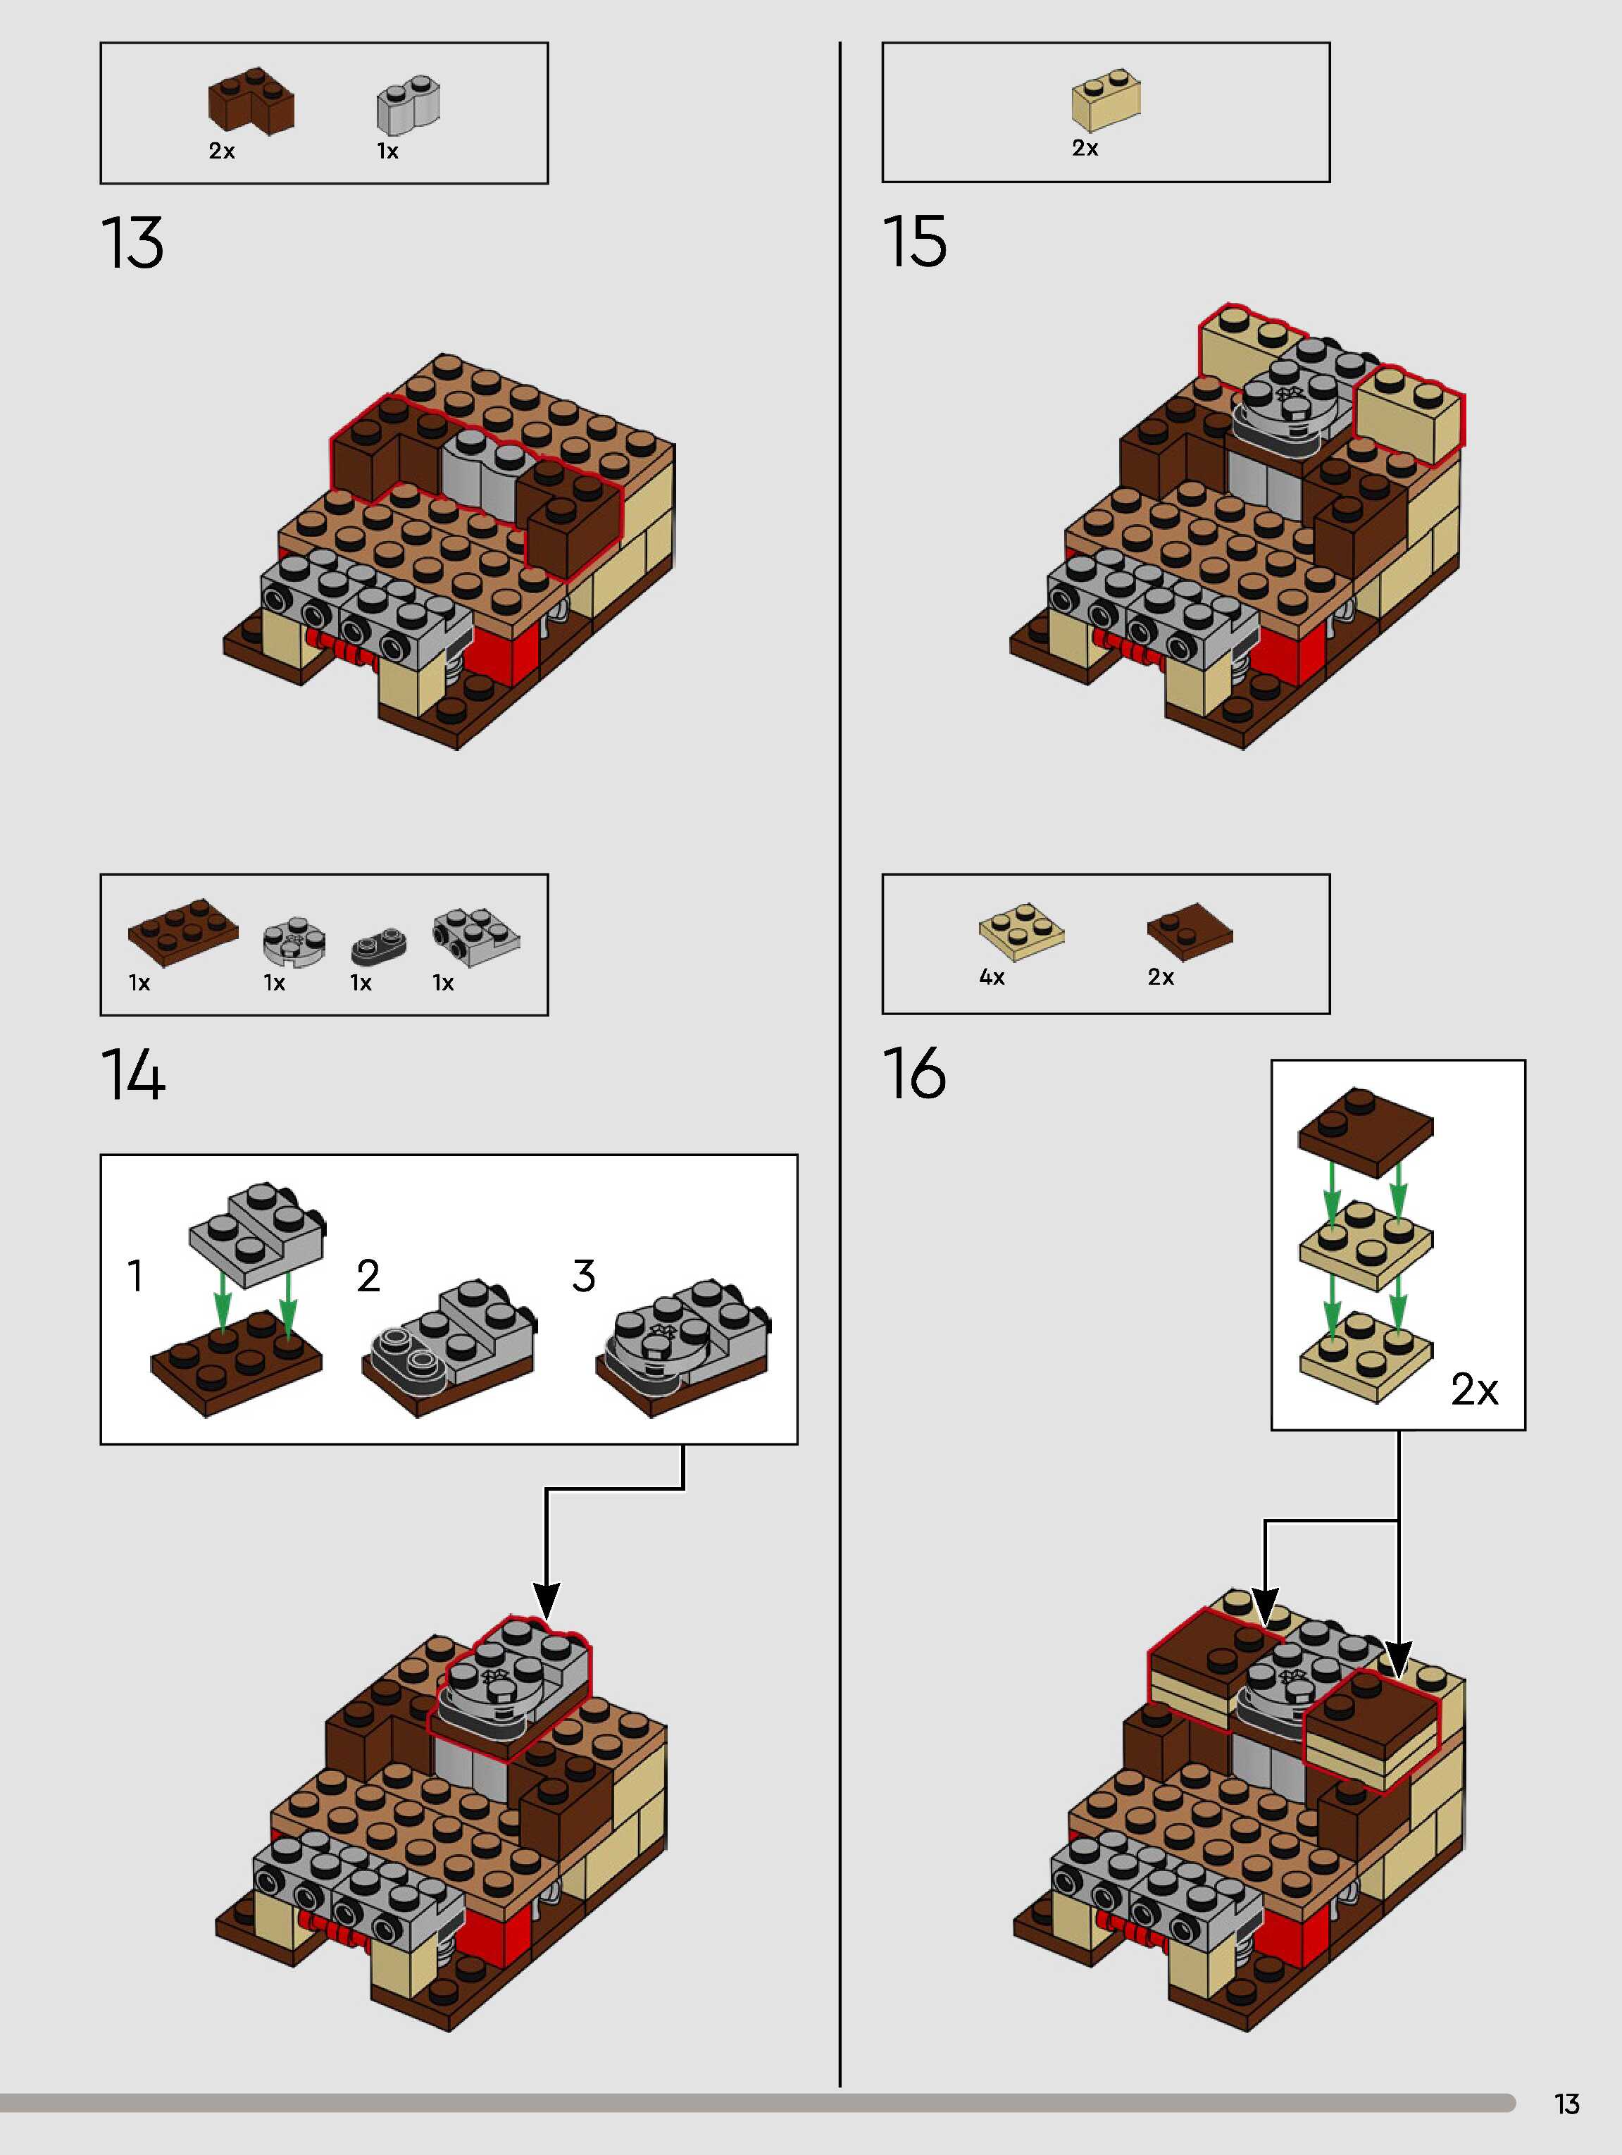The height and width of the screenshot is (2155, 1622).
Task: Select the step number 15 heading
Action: click(x=913, y=242)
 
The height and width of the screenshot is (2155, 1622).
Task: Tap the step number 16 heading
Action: click(x=913, y=1074)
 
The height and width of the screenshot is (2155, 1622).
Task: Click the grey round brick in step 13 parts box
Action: click(x=408, y=104)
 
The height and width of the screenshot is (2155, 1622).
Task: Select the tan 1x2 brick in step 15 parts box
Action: click(x=1106, y=99)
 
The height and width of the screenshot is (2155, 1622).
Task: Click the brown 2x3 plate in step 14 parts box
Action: click(x=183, y=932)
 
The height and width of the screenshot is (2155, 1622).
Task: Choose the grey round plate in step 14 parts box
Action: click(x=293, y=942)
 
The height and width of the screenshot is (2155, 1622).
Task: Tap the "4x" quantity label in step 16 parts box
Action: click(x=992, y=977)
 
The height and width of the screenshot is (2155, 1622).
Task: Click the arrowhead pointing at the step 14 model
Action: click(x=547, y=1601)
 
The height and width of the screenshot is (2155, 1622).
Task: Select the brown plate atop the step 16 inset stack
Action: click(x=1366, y=1130)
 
